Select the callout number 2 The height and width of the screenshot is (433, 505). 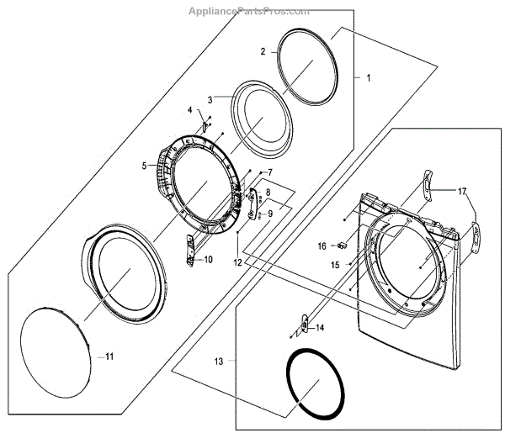(263, 51)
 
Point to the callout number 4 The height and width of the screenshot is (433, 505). (189, 111)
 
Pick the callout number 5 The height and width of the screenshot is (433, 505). (144, 165)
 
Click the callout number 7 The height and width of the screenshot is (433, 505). (269, 172)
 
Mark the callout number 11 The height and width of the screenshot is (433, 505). (108, 356)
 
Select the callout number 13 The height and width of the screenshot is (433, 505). (220, 361)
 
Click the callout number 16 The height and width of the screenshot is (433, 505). (322, 246)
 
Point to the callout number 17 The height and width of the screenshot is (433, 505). (461, 191)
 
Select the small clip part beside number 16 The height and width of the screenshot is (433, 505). (343, 246)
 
